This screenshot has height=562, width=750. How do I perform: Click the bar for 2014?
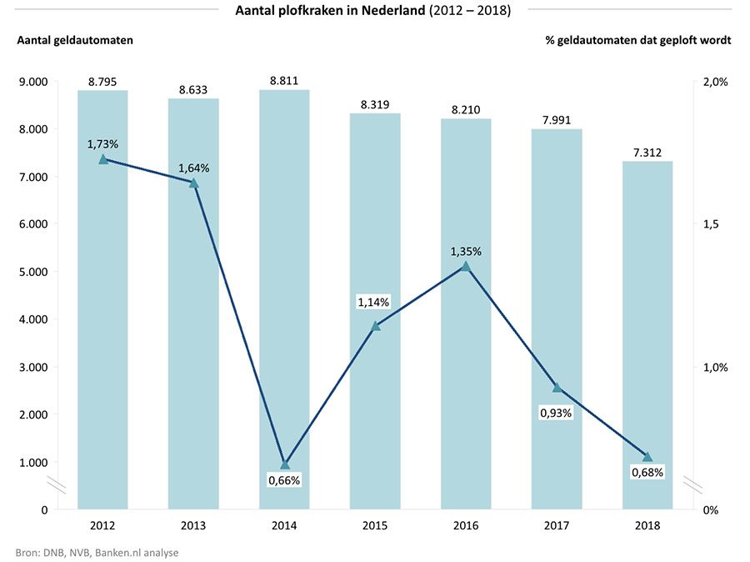[284, 300]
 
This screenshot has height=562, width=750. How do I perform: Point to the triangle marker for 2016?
[466, 266]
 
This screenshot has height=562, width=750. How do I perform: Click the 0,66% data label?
[284, 479]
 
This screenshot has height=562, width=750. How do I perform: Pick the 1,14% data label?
[374, 302]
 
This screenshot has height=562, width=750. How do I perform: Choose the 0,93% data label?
[556, 412]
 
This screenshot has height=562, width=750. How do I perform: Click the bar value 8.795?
[102, 81]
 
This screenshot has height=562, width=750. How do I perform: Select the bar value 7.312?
[647, 152]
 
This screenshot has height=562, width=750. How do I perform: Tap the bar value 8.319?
[375, 104]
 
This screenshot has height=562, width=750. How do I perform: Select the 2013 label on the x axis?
[193, 525]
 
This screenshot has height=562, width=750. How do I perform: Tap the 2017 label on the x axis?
[557, 525]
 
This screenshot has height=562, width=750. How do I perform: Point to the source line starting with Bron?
[97, 552]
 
